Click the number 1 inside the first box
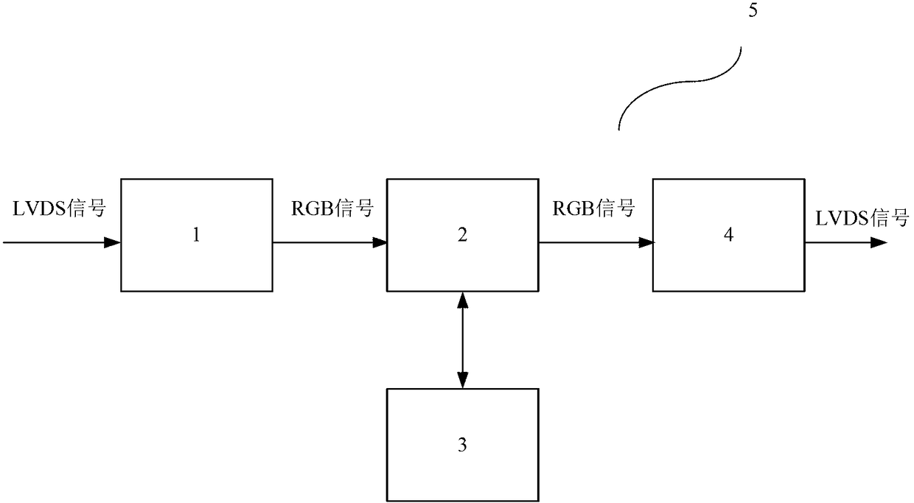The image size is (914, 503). [x=196, y=235]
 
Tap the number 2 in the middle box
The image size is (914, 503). [x=462, y=235]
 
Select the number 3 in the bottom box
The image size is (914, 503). [x=462, y=445]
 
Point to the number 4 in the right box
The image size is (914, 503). [x=728, y=235]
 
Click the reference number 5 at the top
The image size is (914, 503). [x=753, y=10]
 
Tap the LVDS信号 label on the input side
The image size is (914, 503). [x=59, y=208]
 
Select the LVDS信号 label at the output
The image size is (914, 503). [x=862, y=219]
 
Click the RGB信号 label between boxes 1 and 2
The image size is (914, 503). [x=332, y=208]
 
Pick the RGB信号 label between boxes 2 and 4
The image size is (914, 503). [x=593, y=208]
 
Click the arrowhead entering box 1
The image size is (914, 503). [x=112, y=242]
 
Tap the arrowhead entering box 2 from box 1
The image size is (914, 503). [x=379, y=242]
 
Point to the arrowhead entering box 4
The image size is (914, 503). [x=646, y=242]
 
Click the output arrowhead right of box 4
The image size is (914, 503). [x=879, y=242]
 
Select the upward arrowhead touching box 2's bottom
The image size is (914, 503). [x=462, y=300]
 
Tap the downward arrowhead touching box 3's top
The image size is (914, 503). [x=462, y=380]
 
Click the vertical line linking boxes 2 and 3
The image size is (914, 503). [x=462, y=340]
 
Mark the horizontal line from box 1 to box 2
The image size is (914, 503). [x=329, y=242]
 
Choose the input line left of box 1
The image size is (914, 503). [x=62, y=242]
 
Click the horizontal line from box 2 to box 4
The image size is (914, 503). [x=596, y=242]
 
